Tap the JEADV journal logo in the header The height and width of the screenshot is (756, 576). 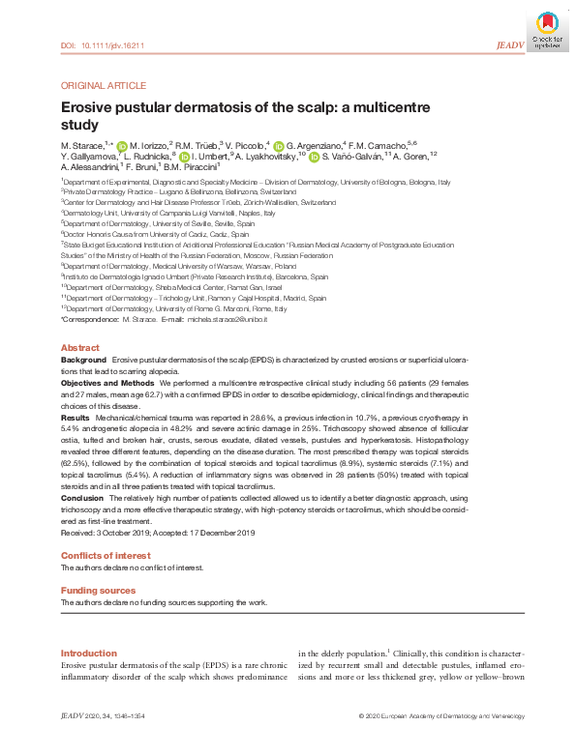[x=509, y=44]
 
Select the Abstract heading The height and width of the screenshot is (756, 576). [x=79, y=347]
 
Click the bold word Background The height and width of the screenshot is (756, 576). [x=84, y=359]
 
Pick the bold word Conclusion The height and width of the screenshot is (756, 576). [x=83, y=497]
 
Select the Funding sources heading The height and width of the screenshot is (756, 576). [x=97, y=590]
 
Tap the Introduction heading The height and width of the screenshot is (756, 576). [x=88, y=654]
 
